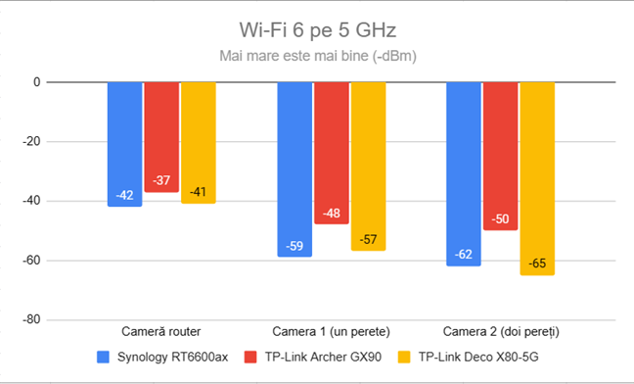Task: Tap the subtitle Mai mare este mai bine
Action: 317,56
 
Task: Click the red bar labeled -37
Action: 161,137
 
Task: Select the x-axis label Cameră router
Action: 161,332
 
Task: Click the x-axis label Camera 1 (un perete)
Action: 332,332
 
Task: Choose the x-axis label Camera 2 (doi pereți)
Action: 501,332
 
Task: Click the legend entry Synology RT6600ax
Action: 171,358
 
